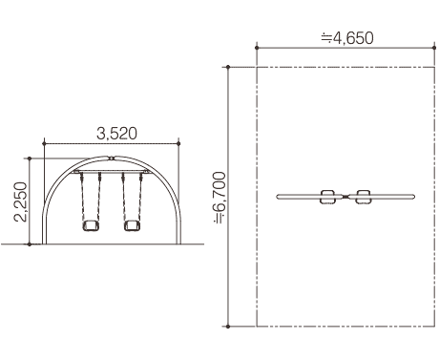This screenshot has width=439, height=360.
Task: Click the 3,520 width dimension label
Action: pyautogui.click(x=116, y=134)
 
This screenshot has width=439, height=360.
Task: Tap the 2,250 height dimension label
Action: pyautogui.click(x=20, y=201)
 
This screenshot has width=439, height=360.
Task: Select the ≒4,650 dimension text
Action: pyautogui.click(x=347, y=38)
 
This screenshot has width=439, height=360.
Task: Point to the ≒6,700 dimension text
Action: pyautogui.click(x=219, y=198)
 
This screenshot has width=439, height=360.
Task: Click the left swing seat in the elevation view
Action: pyautogui.click(x=91, y=225)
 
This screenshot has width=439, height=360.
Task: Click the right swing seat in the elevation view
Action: pyautogui.click(x=132, y=225)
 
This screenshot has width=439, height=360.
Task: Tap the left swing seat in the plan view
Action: pyautogui.click(x=327, y=197)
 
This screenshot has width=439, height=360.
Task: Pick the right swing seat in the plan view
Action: pyautogui.click(x=363, y=197)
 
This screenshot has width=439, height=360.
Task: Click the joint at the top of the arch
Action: pyautogui.click(x=111, y=158)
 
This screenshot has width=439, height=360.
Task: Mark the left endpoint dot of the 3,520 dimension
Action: pyautogui.click(x=44, y=144)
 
